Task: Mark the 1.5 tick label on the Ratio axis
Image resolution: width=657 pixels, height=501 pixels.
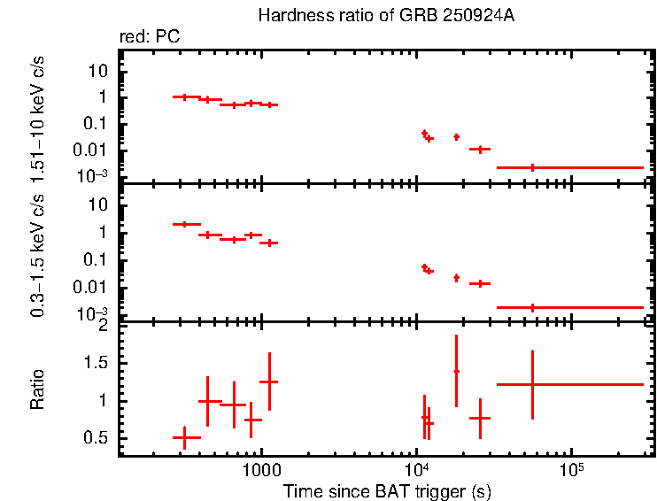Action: tap(97, 363)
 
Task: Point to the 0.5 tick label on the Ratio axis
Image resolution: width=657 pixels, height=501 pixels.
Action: tap(97, 438)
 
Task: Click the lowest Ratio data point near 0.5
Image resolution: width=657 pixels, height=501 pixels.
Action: tap(184, 437)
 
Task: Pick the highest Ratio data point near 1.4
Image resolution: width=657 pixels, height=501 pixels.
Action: tap(456, 371)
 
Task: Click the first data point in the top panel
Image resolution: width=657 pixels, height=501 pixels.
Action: tap(184, 96)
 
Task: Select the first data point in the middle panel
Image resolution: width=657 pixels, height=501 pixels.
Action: tap(184, 224)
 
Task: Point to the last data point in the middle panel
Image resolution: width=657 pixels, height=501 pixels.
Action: tap(532, 307)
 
